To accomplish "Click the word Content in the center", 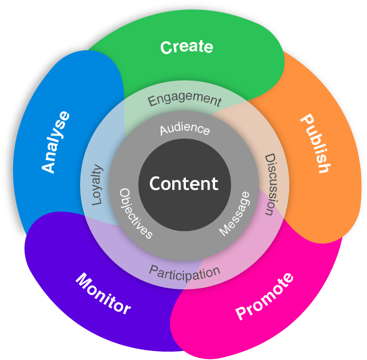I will (x=184, y=184).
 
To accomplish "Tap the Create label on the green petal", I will (x=187, y=47).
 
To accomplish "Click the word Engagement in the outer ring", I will (x=184, y=99).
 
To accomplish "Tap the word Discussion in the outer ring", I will (x=270, y=184).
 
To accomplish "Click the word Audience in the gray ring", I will (x=185, y=129).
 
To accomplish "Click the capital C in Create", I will (x=166, y=48).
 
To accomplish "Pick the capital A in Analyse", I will (x=49, y=166).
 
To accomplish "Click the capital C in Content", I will (x=155, y=184).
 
